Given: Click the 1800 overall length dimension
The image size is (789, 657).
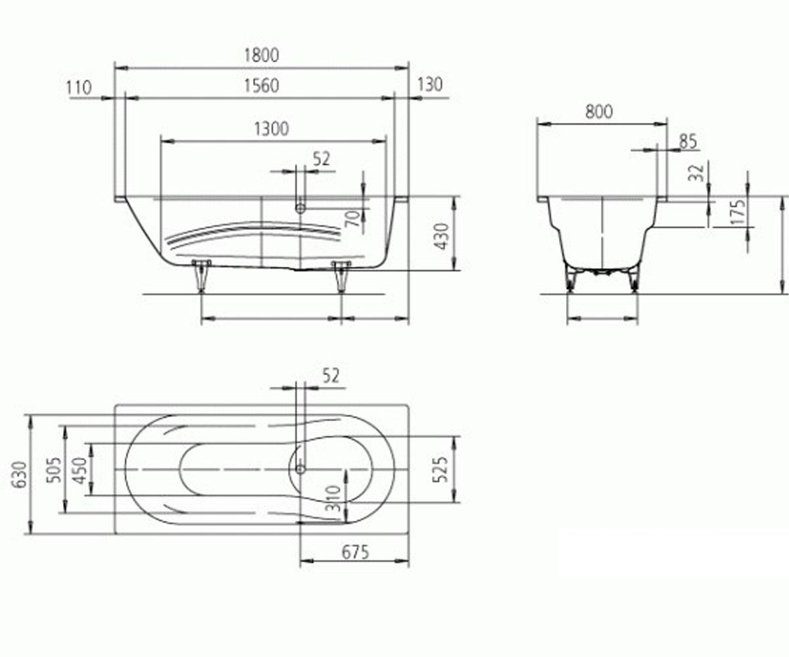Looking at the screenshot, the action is [262, 55].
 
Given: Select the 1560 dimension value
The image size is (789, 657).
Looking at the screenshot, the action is [262, 85].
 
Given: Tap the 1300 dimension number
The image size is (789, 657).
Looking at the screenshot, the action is [272, 129].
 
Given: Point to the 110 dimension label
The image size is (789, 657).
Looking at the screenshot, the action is [79, 88].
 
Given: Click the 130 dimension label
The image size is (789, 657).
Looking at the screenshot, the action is [429, 85].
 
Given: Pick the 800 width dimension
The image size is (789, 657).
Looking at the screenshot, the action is [599, 112].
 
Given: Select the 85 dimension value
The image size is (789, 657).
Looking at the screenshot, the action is [688, 142].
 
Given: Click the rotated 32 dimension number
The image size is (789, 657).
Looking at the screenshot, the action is [696, 173].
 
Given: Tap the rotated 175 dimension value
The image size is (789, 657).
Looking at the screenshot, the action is [738, 213].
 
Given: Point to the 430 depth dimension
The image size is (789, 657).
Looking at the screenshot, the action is [441, 237].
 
